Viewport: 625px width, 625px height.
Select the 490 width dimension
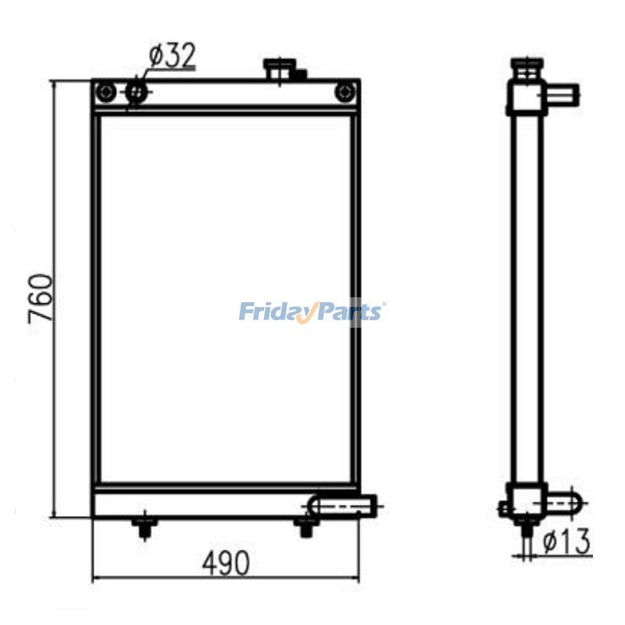(x=226, y=562)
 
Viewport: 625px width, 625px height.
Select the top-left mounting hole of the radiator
(x=106, y=92)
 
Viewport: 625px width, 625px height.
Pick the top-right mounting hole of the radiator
(x=345, y=92)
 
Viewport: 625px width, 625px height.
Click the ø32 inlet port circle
(x=136, y=93)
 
